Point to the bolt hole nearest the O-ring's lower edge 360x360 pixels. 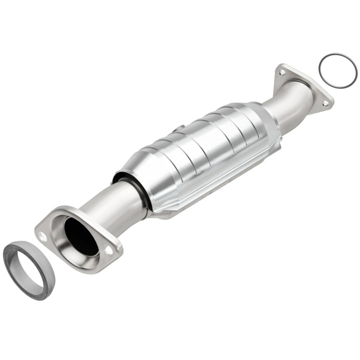(x=325, y=103)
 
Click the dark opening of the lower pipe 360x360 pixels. (x=80, y=235)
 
